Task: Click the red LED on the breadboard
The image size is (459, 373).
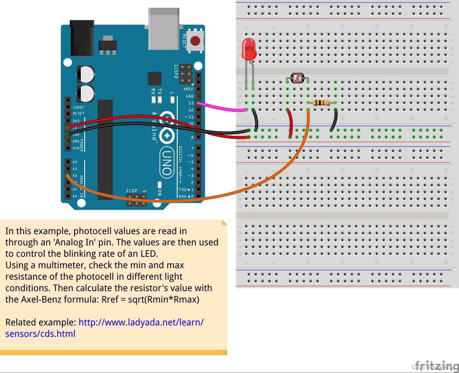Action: (249, 49)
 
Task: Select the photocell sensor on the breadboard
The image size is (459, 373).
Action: (297, 78)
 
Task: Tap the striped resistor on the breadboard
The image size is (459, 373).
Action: (322, 102)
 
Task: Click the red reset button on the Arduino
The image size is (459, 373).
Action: (195, 41)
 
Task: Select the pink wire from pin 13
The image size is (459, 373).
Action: (222, 108)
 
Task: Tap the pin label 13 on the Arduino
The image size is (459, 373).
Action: (191, 103)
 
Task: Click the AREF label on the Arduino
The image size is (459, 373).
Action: (188, 89)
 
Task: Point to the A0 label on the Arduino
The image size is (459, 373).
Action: (75, 162)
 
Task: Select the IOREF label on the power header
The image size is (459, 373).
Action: (78, 107)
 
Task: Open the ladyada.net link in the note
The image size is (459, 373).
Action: (141, 322)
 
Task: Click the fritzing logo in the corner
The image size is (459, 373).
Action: (436, 366)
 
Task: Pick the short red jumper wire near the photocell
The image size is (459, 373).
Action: (291, 123)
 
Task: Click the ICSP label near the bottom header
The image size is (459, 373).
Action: (132, 190)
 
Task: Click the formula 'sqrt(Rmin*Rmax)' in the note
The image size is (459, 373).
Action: (164, 299)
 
